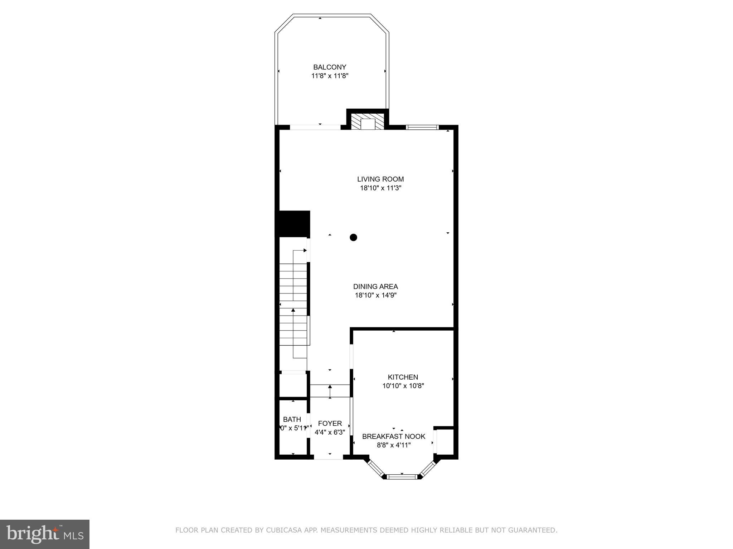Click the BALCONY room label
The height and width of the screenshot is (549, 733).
[x=330, y=67]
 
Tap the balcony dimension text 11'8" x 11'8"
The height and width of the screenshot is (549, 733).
[x=330, y=76]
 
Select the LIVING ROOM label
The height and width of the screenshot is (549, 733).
[x=380, y=179]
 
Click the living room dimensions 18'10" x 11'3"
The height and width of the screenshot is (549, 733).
[x=380, y=188]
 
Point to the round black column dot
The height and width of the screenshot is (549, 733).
[x=353, y=237]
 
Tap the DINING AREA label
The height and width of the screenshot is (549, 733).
[x=375, y=286]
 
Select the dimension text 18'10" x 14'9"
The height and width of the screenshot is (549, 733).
[x=375, y=295]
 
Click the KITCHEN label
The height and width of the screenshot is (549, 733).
[x=403, y=377]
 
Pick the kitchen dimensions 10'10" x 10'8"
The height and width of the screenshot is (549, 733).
[x=403, y=386]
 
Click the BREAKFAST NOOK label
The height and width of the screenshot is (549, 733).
[x=394, y=436]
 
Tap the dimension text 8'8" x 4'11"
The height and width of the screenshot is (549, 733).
[x=394, y=445]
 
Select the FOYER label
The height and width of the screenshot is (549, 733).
[x=330, y=424]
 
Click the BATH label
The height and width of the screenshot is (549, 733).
[x=292, y=419]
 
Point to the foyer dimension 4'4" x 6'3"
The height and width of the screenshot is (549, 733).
[x=330, y=432]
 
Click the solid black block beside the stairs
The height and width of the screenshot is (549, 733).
[x=292, y=224]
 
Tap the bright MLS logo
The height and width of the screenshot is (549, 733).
[x=45, y=534]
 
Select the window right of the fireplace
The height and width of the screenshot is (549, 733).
[x=422, y=127]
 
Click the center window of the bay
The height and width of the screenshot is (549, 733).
[x=402, y=476]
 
